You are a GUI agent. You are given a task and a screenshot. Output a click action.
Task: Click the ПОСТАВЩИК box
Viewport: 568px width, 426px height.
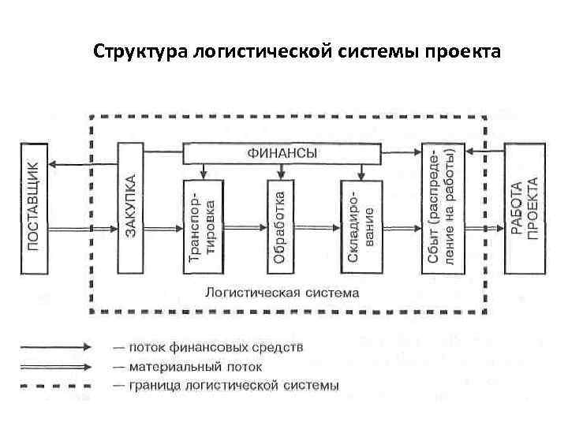click(33, 207)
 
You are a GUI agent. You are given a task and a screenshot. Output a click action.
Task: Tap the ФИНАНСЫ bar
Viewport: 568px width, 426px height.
click(282, 153)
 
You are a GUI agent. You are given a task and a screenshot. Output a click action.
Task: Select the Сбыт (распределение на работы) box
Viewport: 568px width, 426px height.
click(443, 207)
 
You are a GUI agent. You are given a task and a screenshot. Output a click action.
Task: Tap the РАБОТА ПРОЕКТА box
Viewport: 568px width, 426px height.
click(524, 207)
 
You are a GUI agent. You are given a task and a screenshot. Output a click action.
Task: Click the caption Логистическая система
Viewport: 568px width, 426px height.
click(282, 292)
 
